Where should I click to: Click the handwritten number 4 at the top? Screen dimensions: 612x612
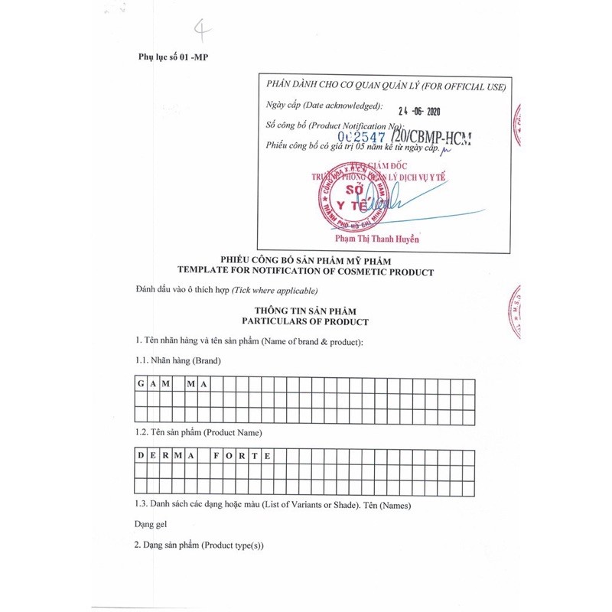202,30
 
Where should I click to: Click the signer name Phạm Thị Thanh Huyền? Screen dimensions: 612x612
379,239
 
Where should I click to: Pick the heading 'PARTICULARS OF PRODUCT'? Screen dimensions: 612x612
305,322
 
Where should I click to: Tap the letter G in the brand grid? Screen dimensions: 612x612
141,384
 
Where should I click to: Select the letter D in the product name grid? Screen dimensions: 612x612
141,456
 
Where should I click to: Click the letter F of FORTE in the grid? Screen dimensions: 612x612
217,456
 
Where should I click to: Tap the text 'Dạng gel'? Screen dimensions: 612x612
151,524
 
